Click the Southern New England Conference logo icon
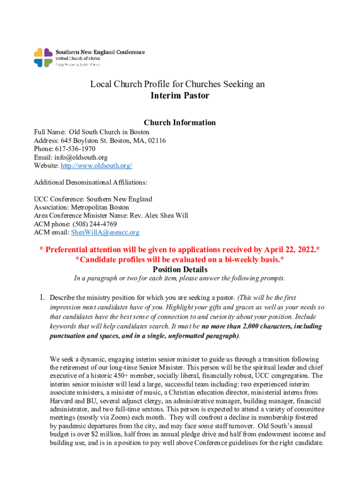(43, 58)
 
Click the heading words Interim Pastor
(180, 96)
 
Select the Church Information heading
(180, 123)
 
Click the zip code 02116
(156, 140)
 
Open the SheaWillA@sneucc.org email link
(105, 232)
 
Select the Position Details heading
(180, 269)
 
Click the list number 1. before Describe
(42, 298)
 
